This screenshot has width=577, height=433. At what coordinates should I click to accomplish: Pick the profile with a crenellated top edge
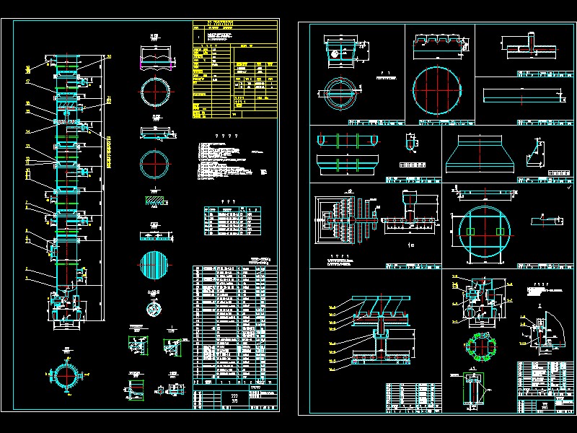coord(439,47)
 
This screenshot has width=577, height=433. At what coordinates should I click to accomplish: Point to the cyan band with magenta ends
coord(157,54)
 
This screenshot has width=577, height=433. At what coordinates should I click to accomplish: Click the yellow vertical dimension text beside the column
coord(109,152)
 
